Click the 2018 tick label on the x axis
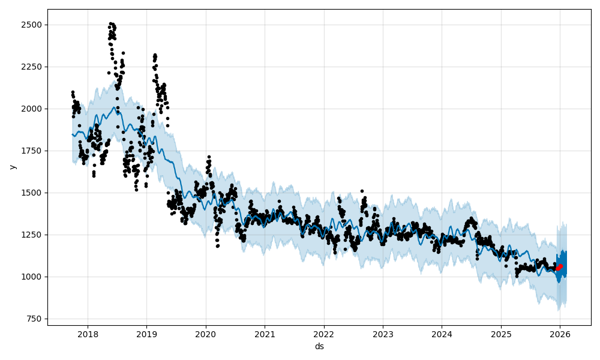point(88,334)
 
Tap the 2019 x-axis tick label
point(146,334)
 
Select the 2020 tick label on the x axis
point(205,334)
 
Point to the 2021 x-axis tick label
point(265,334)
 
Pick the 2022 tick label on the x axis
point(323,334)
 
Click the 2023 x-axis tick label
point(383,334)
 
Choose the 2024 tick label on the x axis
point(442,334)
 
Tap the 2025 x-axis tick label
point(501,334)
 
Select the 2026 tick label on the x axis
point(560,334)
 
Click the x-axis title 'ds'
point(319,346)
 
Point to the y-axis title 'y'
point(11,167)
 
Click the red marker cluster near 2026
point(559,267)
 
